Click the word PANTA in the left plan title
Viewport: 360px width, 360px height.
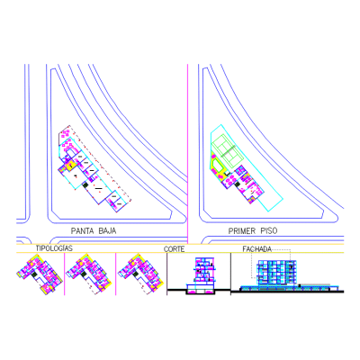coord(81,230)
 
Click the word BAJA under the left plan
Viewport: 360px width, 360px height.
coord(107,230)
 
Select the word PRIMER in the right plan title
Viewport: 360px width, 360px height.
coord(242,230)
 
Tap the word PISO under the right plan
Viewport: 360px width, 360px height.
coord(269,230)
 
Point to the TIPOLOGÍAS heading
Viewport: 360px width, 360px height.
coord(54,248)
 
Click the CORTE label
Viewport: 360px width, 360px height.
coord(174,249)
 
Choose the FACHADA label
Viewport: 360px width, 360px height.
coord(257,249)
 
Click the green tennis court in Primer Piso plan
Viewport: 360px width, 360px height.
coord(229,152)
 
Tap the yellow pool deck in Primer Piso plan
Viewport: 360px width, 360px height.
coord(217,164)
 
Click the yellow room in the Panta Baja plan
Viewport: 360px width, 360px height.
coord(71,166)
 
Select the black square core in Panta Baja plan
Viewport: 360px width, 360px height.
coord(85,184)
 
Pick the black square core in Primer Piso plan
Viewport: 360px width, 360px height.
coord(238,184)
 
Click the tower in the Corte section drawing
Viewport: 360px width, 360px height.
coord(205,270)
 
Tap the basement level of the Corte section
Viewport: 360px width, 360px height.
coord(201,291)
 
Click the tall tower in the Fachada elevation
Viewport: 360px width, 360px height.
coord(277,272)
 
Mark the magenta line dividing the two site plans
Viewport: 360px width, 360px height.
coord(188,154)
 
